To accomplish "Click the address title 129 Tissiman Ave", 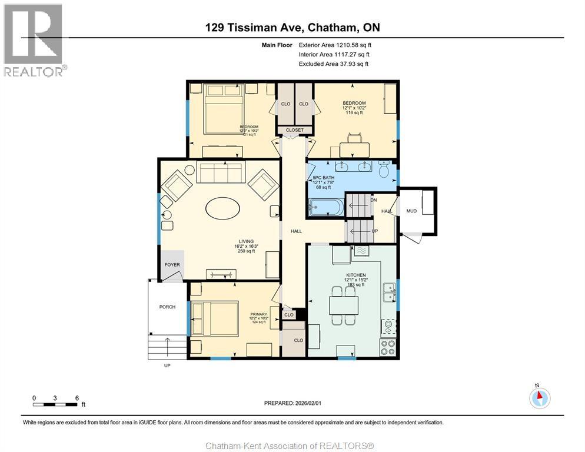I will [292, 27].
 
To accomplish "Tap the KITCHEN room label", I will [356, 275].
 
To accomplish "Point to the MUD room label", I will [411, 211].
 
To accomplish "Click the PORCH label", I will [167, 307].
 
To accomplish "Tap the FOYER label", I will [172, 265].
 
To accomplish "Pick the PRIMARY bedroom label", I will [259, 314].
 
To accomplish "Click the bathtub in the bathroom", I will [326, 207].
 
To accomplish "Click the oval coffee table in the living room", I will [222, 208].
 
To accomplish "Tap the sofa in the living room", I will [219, 173].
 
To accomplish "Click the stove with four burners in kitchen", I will [388, 347].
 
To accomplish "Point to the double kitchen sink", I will [388, 291].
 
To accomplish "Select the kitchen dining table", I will [343, 305].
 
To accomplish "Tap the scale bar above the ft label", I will [56, 404].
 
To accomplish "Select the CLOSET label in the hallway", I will [295, 130].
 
